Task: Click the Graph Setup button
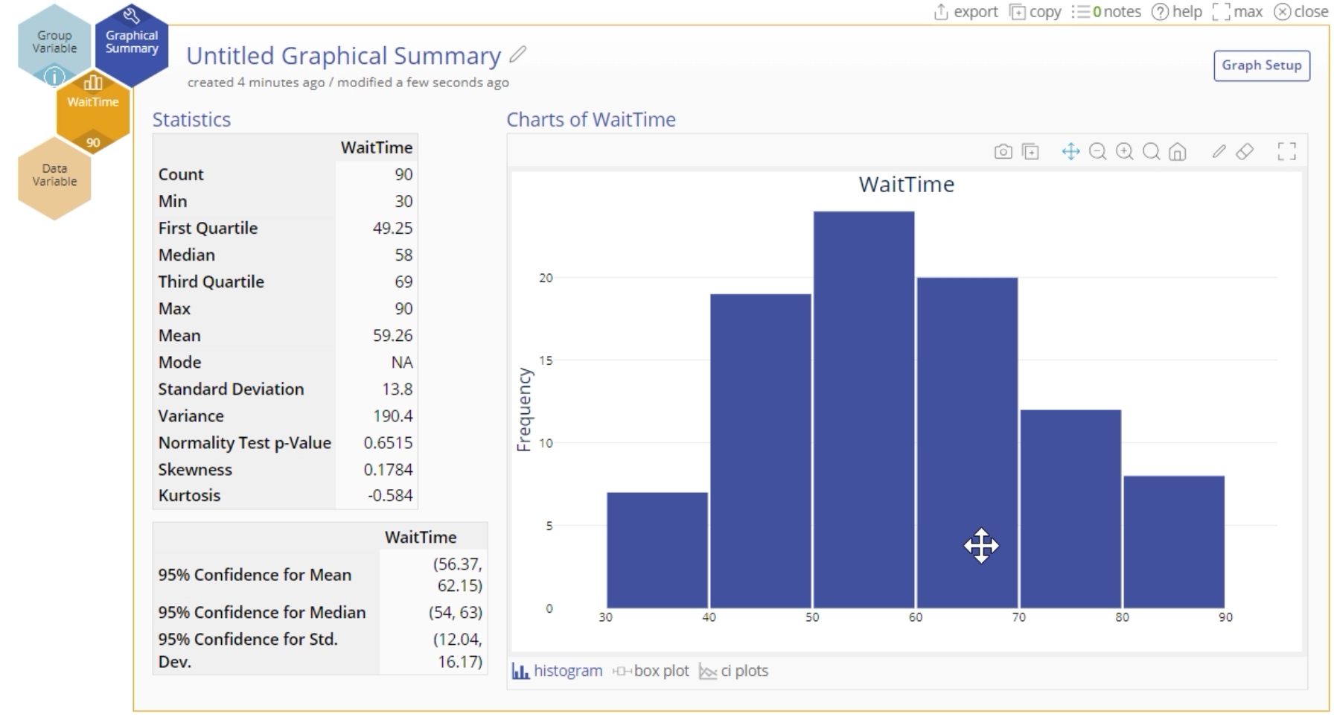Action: click(x=1261, y=66)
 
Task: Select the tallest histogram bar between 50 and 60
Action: click(x=864, y=410)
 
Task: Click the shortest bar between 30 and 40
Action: click(x=657, y=550)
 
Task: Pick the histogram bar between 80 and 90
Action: click(x=1173, y=542)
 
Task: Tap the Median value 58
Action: click(x=403, y=255)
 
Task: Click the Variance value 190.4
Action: click(x=392, y=415)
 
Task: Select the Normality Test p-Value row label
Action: click(x=244, y=442)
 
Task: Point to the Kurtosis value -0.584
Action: click(x=390, y=495)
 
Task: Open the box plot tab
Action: click(x=651, y=671)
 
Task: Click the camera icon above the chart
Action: click(x=1003, y=152)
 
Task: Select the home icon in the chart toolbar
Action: click(x=1177, y=152)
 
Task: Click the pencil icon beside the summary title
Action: click(x=518, y=54)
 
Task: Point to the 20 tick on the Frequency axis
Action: click(x=546, y=278)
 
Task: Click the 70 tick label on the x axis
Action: click(x=1018, y=617)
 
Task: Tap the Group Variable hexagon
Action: click(x=54, y=42)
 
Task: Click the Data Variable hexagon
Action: click(x=54, y=175)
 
